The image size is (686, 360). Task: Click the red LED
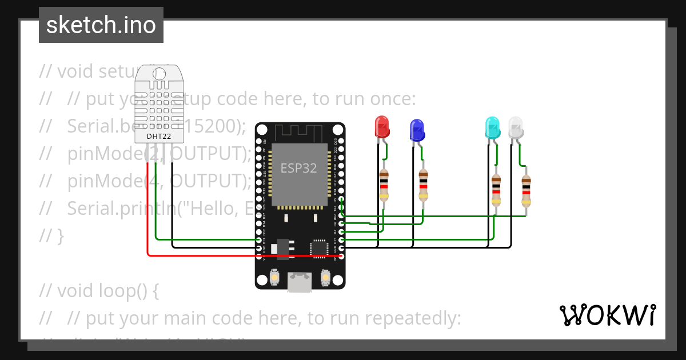coord(382,126)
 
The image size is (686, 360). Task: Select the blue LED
coord(417,130)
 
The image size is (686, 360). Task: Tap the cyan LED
coord(492,127)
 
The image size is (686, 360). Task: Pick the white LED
coord(516,127)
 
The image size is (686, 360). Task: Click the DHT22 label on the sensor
coord(158,136)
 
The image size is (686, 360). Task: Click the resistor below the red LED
coord(384,185)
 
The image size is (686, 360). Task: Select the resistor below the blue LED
coord(423,185)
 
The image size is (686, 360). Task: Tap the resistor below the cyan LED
coord(496,190)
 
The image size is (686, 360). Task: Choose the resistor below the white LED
coord(526,190)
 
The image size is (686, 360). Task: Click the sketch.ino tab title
coord(101,25)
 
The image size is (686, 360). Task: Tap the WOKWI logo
coord(607,315)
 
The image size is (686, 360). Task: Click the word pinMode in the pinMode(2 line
coord(99,154)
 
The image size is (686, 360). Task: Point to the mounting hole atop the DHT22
coord(159,74)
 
